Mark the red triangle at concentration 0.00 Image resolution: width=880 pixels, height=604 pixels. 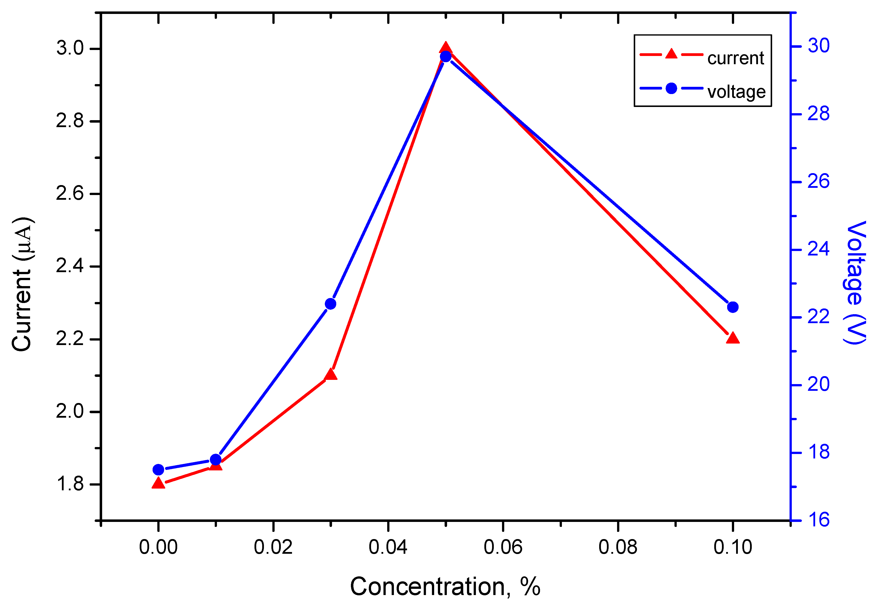click(x=158, y=483)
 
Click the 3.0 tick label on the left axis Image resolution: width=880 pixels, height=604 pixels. click(x=70, y=49)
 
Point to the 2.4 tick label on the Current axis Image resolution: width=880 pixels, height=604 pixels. click(x=70, y=266)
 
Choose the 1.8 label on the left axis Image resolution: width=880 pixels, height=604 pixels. click(x=70, y=484)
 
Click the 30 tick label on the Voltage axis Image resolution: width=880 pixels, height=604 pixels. click(x=819, y=46)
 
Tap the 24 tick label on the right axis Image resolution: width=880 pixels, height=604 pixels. click(x=819, y=249)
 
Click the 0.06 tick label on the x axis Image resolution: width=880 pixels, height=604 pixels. click(x=503, y=548)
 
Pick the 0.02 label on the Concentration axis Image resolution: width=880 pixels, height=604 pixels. click(x=273, y=548)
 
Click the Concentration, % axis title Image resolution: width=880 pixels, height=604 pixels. click(x=445, y=587)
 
